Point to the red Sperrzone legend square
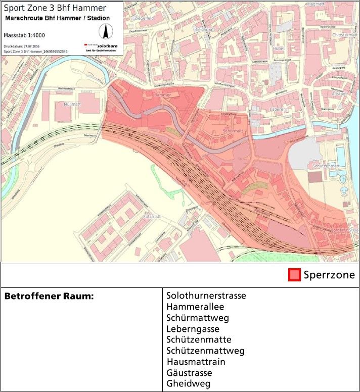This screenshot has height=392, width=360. (294, 275)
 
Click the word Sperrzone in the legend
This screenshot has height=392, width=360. (329, 275)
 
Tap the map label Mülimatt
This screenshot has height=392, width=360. (73, 104)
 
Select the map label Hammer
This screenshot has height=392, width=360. (161, 95)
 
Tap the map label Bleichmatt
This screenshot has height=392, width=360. (205, 29)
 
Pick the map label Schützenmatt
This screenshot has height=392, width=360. (326, 166)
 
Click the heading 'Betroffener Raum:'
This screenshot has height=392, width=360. (49, 296)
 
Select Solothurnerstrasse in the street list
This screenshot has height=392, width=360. (206, 296)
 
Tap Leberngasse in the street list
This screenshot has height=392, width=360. (193, 329)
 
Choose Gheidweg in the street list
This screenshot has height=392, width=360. (188, 384)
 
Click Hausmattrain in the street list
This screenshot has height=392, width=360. (196, 362)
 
